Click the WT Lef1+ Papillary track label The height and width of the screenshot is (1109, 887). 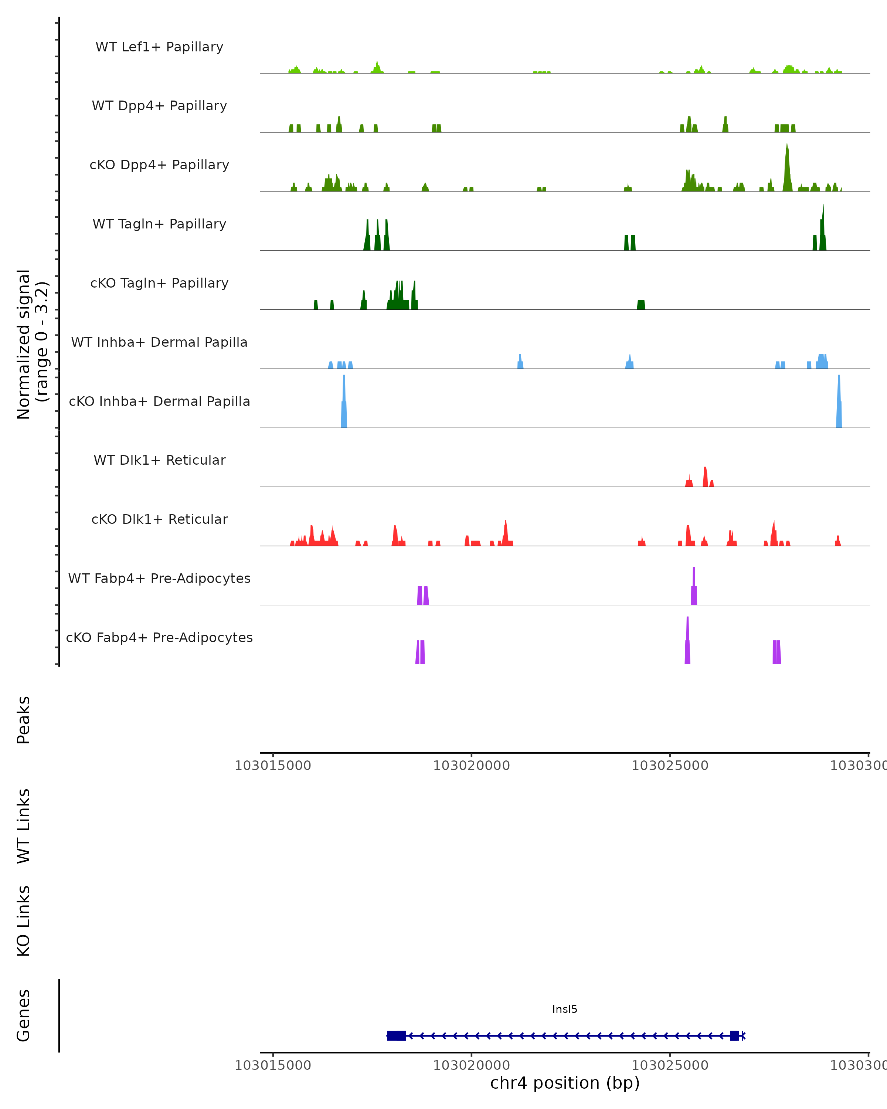tap(159, 47)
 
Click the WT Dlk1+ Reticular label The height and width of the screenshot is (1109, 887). tap(159, 460)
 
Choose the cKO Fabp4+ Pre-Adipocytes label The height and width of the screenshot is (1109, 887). tap(159, 637)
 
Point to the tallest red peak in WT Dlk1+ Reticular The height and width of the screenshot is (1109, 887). tap(705, 476)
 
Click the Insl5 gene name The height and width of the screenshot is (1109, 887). tap(565, 1009)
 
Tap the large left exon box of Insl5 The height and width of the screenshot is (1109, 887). tap(396, 1035)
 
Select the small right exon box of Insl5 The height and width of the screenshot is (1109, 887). tap(734, 1035)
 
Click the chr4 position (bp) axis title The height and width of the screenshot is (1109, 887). tap(565, 1083)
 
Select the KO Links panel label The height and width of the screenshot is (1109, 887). tap(24, 921)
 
